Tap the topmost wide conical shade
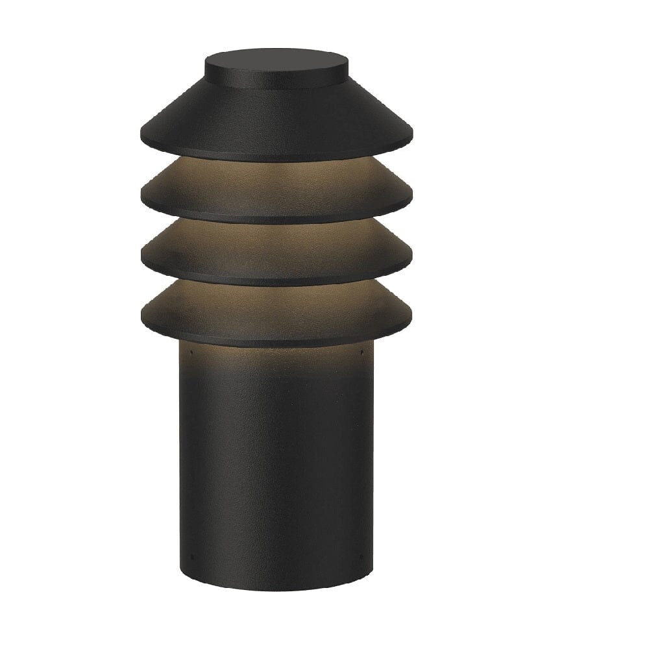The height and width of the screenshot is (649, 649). [x=276, y=123]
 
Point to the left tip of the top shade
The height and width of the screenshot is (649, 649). [x=141, y=138]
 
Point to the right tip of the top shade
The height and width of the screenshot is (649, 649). [x=412, y=138]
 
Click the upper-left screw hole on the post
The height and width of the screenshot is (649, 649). [x=191, y=354]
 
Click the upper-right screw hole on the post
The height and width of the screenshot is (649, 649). [x=361, y=354]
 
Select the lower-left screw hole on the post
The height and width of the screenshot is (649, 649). [x=191, y=556]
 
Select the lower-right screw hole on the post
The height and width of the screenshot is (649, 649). [x=361, y=556]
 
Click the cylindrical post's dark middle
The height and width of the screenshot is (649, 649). [x=276, y=467]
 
